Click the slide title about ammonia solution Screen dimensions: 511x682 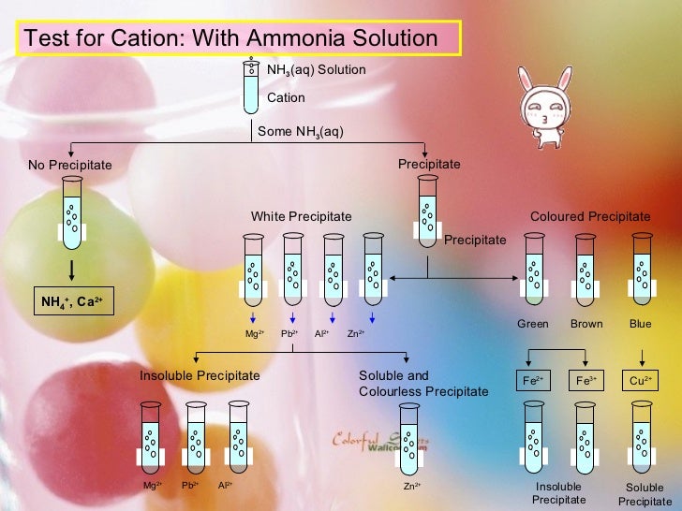[x=230, y=38]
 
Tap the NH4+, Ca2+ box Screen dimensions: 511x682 [x=72, y=301]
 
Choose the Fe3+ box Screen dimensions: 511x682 [x=587, y=381]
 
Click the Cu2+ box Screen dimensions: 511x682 [x=641, y=381]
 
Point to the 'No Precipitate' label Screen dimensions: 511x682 [x=69, y=166]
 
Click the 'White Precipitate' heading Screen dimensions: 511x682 [x=301, y=217]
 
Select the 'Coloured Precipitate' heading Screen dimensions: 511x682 [x=589, y=217]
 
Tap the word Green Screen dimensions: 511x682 [x=533, y=325]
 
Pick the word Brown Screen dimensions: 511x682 [x=586, y=325]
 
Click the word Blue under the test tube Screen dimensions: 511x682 [x=641, y=325]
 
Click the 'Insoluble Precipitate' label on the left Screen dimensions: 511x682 [x=200, y=375]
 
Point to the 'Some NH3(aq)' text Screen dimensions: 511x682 [x=300, y=132]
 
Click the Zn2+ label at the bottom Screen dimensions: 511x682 [x=411, y=486]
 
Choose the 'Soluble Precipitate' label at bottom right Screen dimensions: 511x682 [x=645, y=495]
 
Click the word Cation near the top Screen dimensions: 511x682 [x=286, y=98]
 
